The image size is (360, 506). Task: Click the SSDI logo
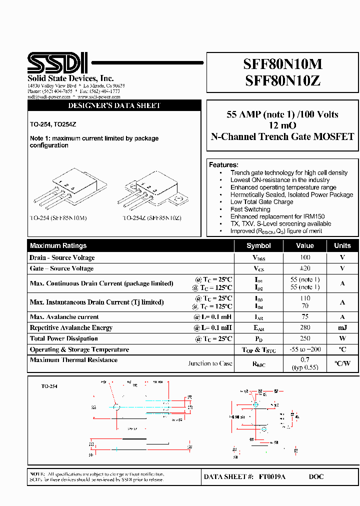point(57,63)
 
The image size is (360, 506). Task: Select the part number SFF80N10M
point(282,64)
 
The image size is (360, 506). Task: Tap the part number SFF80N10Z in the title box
point(282,80)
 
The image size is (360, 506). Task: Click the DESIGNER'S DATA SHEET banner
point(114,106)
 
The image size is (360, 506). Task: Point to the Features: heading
point(223,165)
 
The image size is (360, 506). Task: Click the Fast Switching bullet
point(250,209)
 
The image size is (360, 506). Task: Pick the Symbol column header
point(258,245)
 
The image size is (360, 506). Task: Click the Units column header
point(342,245)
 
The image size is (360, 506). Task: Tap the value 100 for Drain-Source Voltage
point(305,257)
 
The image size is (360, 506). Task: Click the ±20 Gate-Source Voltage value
point(305,268)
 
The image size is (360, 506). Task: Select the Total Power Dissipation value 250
point(305,338)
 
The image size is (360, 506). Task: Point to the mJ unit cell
point(342,327)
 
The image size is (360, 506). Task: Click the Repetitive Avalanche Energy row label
point(71,328)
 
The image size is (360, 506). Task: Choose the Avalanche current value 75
point(305,316)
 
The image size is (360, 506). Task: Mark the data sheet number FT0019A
point(272,477)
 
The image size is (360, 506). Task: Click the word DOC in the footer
point(316,477)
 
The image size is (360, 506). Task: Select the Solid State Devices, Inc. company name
point(70,78)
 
